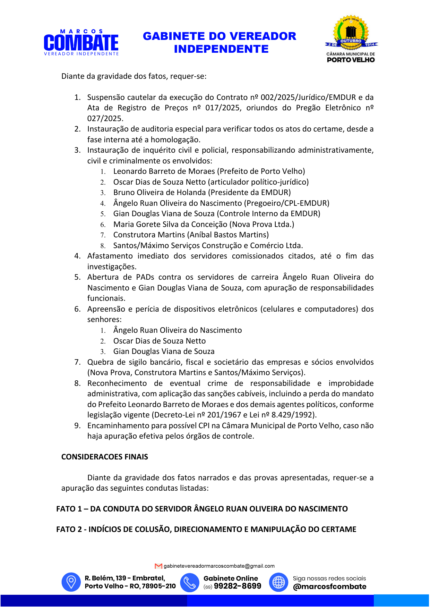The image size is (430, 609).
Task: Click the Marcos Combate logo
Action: coord(81,43)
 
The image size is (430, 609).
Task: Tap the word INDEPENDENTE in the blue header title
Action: coord(221,49)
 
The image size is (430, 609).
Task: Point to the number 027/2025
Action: coord(105,119)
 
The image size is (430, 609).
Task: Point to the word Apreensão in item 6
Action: coord(105,309)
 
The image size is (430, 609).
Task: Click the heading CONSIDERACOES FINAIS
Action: coord(104,457)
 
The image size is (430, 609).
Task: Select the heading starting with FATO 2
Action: coord(206,530)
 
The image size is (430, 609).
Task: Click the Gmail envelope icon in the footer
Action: coord(158,566)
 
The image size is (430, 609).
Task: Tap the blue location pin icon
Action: coord(71,582)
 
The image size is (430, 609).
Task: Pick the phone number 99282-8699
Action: coord(238,586)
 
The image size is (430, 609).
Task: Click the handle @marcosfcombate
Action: coord(329,587)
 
